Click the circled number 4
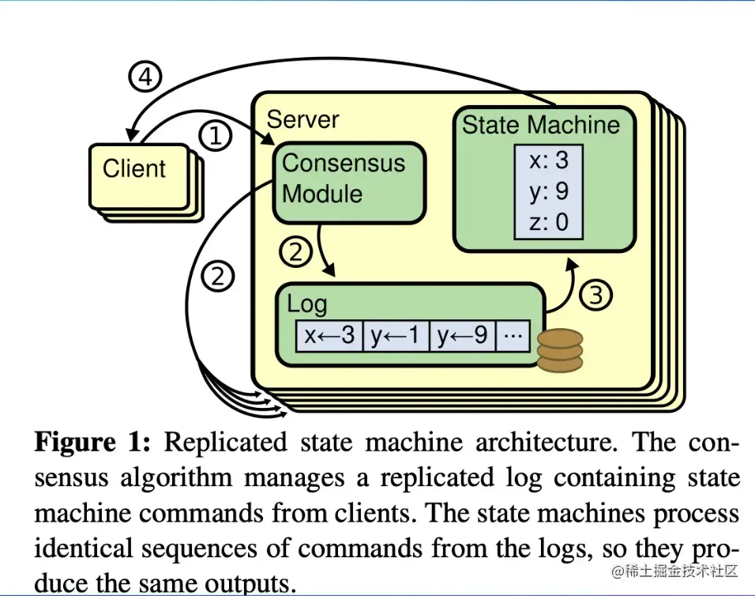145,78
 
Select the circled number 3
596,295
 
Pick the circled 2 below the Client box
217,277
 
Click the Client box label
134,168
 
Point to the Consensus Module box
344,179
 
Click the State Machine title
541,125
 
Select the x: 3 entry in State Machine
549,160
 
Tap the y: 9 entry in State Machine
549,191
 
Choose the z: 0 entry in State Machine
549,222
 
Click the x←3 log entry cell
329,336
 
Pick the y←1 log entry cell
396,336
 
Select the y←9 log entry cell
463,336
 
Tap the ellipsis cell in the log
513,336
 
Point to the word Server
302,119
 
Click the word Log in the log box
306,304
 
